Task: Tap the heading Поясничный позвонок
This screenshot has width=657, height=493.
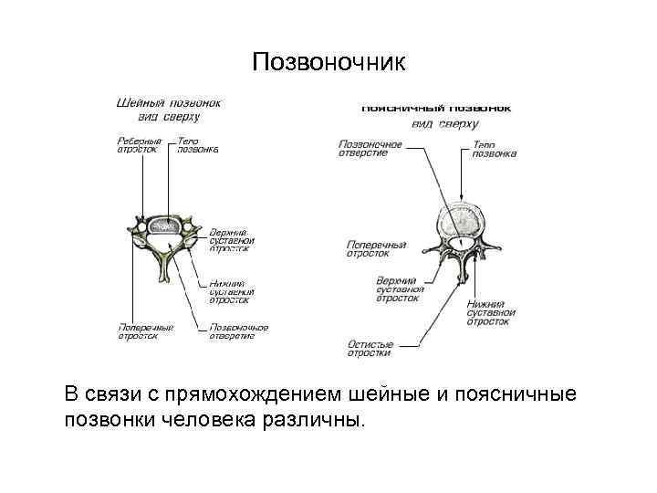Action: pos(435,108)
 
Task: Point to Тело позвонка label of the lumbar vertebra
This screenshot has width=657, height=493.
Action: pos(494,149)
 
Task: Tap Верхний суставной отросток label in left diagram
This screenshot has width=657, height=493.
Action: pos(232,240)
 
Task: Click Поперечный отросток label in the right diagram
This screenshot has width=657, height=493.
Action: pos(376,248)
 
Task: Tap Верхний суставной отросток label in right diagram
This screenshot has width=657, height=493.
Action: pos(397,288)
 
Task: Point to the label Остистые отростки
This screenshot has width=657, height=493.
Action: pos(370,348)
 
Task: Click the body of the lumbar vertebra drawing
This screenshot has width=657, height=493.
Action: pos(465,220)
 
